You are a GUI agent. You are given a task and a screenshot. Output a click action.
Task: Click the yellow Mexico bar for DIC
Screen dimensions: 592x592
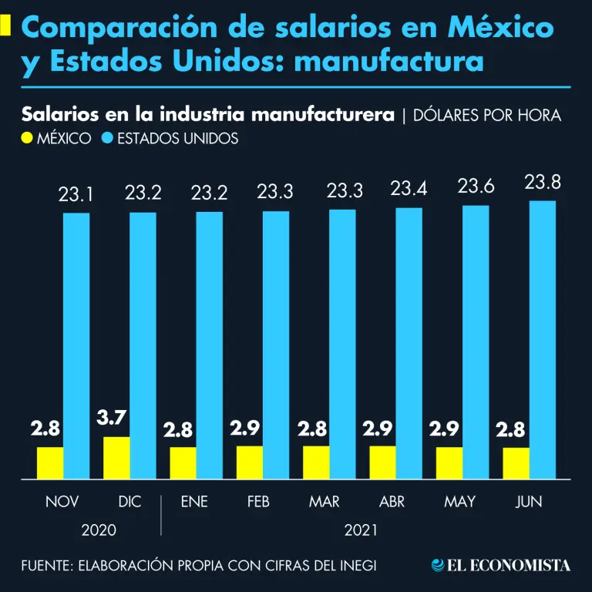click(117, 458)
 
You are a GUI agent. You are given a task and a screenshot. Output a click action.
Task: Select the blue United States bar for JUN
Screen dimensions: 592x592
click(543, 340)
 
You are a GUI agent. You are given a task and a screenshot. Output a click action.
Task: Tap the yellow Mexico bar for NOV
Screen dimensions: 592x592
click(50, 463)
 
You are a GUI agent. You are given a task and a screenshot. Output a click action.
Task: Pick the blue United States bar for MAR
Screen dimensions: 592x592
click(343, 345)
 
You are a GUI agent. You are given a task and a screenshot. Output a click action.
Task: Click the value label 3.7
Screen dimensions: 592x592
click(112, 419)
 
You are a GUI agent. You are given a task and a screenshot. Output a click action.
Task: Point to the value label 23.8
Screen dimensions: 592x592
click(543, 183)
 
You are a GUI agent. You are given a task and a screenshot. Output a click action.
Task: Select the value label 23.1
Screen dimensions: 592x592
click(76, 196)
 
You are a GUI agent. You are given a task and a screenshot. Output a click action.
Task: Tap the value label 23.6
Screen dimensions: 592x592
click(476, 186)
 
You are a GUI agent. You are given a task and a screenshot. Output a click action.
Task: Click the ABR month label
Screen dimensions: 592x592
click(392, 502)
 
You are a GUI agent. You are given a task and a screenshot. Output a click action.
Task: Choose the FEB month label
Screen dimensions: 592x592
click(258, 502)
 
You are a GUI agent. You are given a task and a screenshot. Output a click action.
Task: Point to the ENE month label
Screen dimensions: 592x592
click(194, 502)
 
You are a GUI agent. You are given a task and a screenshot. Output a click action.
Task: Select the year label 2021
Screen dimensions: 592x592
click(361, 530)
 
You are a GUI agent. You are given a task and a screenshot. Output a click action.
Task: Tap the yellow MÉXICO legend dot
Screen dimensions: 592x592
click(28, 139)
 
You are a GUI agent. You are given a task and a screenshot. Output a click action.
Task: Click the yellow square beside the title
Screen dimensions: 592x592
click(5, 27)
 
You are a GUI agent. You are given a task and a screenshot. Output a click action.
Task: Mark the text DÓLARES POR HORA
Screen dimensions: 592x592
click(487, 116)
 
